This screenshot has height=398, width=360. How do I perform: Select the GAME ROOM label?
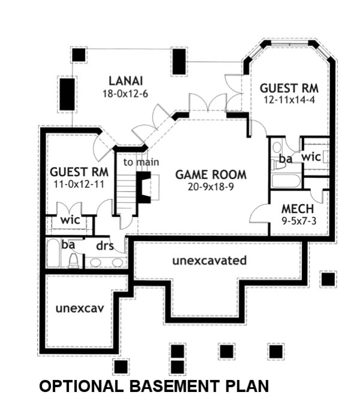point(210,175)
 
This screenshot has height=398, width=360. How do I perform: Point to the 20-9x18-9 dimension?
point(211,186)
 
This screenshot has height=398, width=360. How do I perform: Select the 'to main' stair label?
point(141,162)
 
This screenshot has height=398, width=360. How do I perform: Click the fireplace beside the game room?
point(144,186)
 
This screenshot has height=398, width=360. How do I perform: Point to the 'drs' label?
point(105,246)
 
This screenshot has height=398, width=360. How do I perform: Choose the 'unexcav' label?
point(80,309)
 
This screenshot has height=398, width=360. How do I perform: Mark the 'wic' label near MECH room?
point(311,157)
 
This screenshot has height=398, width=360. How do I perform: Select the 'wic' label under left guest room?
point(70,220)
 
